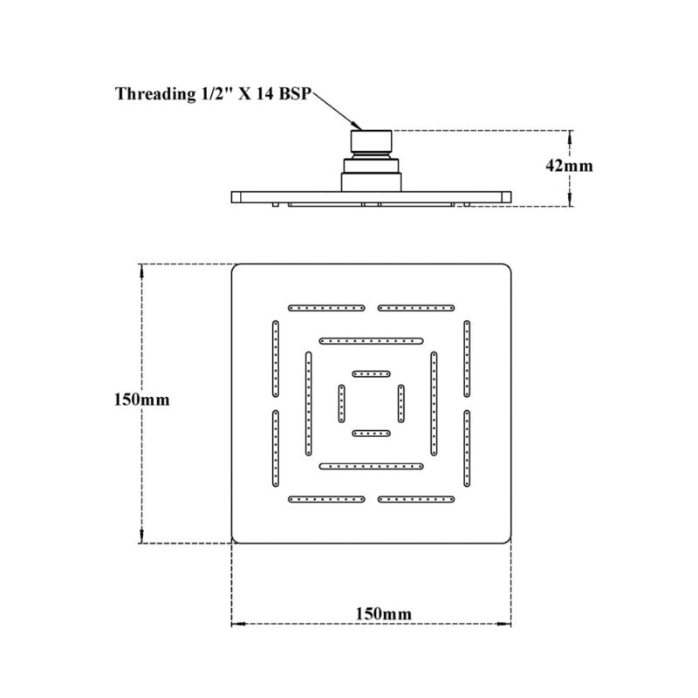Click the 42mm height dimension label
(x=569, y=166)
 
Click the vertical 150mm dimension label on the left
(x=141, y=400)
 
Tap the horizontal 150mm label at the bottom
(x=383, y=614)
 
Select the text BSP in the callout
(x=294, y=94)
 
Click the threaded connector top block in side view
(x=372, y=141)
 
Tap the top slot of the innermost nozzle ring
(x=372, y=374)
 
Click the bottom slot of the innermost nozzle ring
(x=372, y=433)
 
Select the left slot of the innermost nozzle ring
(x=341, y=404)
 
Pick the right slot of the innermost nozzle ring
(x=401, y=404)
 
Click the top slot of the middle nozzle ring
(x=372, y=341)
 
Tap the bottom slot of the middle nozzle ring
(x=372, y=467)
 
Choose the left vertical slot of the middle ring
(x=309, y=404)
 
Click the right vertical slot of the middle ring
(x=434, y=404)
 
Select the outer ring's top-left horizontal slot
(x=326, y=308)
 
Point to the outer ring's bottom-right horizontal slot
(x=416, y=499)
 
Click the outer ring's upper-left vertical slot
(x=276, y=359)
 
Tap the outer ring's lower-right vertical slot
(x=467, y=448)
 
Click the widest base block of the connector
(x=372, y=182)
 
